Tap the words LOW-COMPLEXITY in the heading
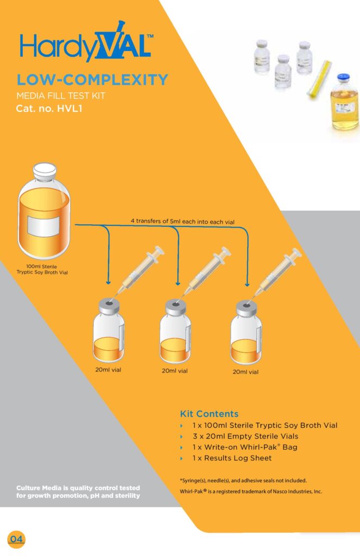pos(92,80)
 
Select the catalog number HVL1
pos(70,108)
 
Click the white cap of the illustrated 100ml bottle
pos(45,171)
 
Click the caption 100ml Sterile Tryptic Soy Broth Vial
pos(42,269)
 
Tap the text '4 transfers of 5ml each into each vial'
pos(182,222)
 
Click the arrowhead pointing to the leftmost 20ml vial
pos(108,282)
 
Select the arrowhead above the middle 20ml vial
pos(178,283)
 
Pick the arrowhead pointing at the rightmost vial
pos(247,284)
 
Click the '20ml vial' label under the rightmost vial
pos(245,372)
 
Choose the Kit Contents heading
pos(209,414)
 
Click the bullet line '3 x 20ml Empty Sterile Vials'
pos(245,436)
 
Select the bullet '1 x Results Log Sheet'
pos(232,458)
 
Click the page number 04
pos(16,539)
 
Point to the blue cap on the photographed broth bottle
pos(343,78)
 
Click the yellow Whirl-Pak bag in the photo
pos(319,79)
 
